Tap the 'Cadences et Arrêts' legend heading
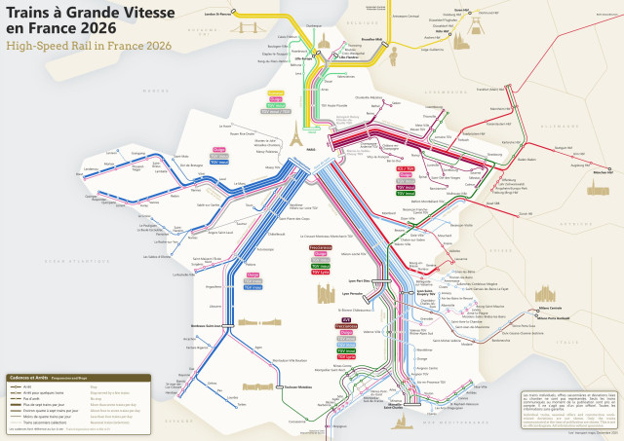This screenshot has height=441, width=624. [x=28, y=377]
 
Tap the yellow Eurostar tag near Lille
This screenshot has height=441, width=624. [x=275, y=92]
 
